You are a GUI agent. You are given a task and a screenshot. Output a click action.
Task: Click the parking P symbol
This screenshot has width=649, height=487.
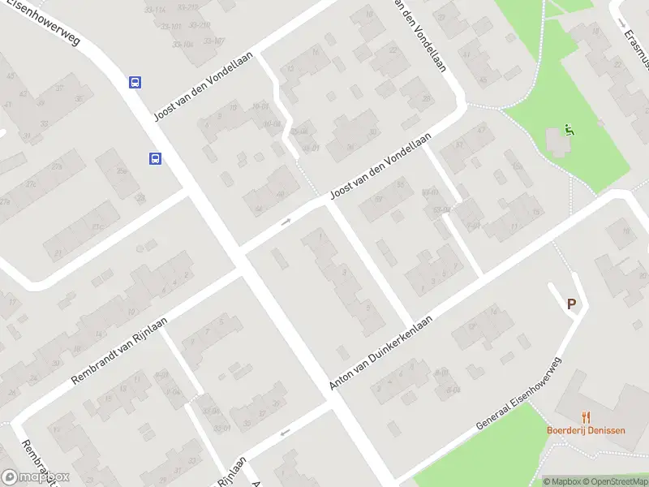pos(571,304)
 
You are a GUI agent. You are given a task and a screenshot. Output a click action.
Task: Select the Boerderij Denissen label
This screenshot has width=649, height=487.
pos(586,430)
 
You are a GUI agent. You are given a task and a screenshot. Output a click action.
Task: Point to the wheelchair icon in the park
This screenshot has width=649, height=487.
pos(569,131)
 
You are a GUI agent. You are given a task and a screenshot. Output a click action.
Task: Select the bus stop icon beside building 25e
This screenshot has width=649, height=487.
pos(154,159)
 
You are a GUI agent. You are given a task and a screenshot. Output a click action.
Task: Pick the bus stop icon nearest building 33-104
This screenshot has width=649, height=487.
pos(135,82)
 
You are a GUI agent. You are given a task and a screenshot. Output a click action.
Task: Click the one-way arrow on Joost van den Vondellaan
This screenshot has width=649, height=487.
pos(286,222)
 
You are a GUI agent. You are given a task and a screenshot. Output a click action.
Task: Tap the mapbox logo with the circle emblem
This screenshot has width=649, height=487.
pos(35,477)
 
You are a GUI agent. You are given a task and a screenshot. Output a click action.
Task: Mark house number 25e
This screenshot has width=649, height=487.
pos(122,171)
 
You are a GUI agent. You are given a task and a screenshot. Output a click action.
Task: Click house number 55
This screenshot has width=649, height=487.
pos(400,184)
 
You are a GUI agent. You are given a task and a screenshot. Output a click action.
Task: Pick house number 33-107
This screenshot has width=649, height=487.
pos(214,41)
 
